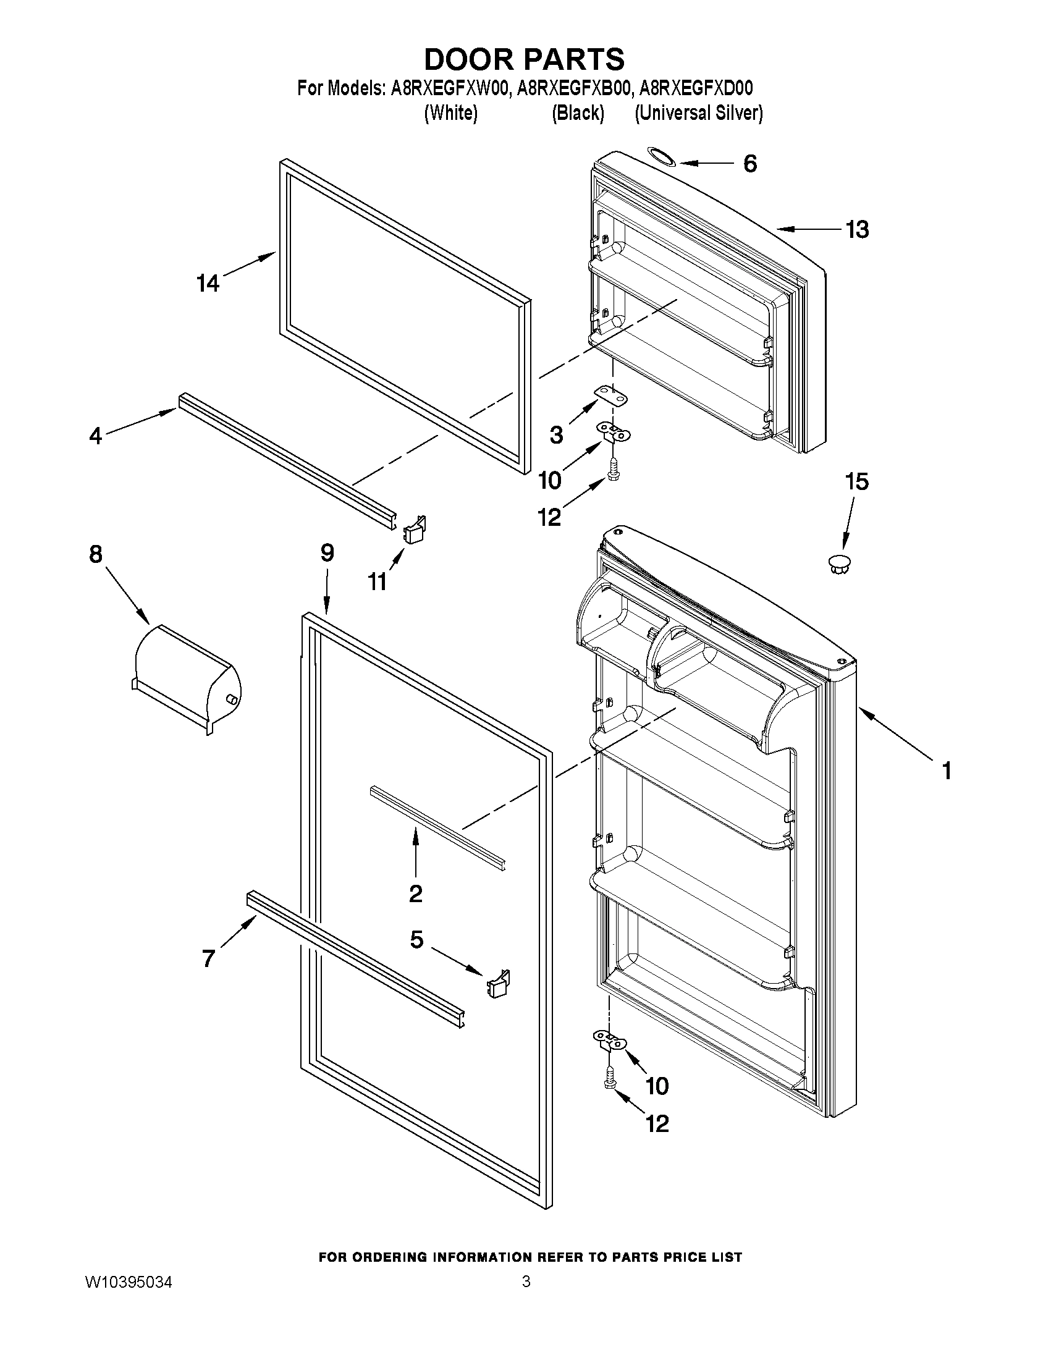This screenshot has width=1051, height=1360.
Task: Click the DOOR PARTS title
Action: point(524,59)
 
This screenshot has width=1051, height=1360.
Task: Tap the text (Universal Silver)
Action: point(698,113)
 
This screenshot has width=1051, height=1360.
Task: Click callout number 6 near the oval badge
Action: point(750,164)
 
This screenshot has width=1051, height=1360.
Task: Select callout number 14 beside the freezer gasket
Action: point(208,284)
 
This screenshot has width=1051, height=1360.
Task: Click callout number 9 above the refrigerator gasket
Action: point(327,553)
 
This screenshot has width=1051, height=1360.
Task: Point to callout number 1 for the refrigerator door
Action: point(947,772)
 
